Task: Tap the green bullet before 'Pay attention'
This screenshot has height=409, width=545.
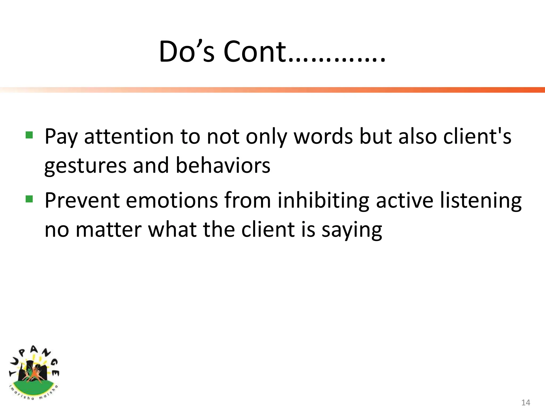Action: [x=29, y=135]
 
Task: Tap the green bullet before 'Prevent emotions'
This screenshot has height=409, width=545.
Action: [x=29, y=199]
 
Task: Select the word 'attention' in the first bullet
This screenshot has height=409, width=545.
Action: [x=129, y=137]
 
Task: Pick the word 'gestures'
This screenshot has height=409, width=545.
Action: [x=85, y=166]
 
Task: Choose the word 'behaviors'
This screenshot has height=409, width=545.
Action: [x=223, y=165]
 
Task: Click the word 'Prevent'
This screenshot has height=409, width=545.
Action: [x=82, y=200]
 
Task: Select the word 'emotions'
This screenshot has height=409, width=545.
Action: [x=172, y=200]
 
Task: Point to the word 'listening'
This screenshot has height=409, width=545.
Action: [x=481, y=201]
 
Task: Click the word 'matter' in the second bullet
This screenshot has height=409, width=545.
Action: [x=109, y=230]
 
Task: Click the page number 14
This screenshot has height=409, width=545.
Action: [x=526, y=402]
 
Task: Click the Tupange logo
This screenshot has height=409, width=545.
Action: [x=34, y=373]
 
